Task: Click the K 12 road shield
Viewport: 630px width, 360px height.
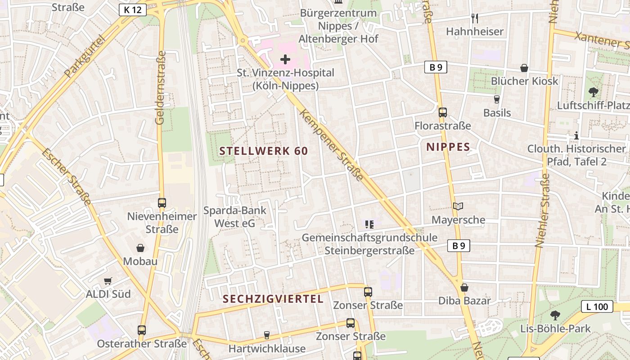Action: click(x=133, y=10)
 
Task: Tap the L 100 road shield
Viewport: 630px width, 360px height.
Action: click(x=597, y=307)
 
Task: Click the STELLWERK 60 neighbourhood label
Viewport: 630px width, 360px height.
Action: click(x=264, y=151)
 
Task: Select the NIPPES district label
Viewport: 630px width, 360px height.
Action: click(x=448, y=147)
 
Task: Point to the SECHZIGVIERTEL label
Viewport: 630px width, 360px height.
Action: click(x=273, y=299)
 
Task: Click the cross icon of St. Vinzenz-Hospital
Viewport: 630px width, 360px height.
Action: click(x=285, y=59)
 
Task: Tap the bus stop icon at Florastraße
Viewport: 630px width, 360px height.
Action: click(x=443, y=112)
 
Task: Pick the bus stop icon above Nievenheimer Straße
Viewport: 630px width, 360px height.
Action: click(x=162, y=203)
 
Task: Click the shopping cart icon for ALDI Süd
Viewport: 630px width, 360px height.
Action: click(x=108, y=281)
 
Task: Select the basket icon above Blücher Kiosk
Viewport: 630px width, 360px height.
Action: click(x=524, y=68)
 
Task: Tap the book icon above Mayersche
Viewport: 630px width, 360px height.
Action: click(x=458, y=207)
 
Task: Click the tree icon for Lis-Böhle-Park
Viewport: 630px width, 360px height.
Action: click(x=555, y=315)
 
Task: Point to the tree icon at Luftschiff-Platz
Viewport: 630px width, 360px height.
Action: click(x=594, y=92)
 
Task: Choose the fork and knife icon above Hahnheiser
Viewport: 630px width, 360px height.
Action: click(x=475, y=18)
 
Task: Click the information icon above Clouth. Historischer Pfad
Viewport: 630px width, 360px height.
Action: click(x=576, y=135)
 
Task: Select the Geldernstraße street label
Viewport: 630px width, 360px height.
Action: click(x=161, y=88)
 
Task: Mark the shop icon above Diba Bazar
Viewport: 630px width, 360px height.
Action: click(x=464, y=288)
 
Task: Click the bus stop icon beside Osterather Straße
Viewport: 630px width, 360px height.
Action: click(x=142, y=330)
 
